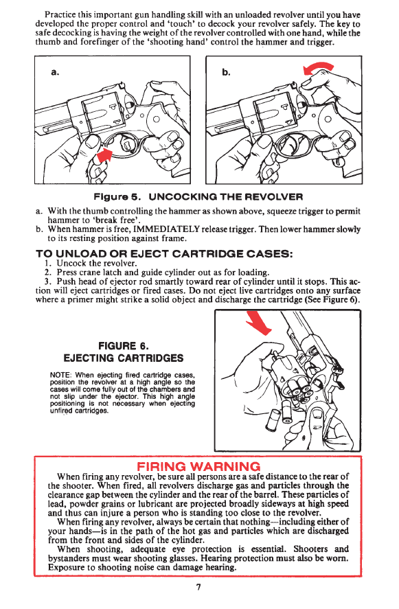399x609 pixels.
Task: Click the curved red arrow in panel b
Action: [317, 67]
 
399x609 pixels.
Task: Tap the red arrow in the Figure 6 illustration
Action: [258, 323]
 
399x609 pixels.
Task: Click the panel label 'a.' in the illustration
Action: [55, 72]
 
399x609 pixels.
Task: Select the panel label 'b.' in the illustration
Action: [227, 72]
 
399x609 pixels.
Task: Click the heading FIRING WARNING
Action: [198, 466]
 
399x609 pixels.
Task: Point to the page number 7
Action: [198, 587]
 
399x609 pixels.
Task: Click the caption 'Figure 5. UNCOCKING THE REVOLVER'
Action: [198, 196]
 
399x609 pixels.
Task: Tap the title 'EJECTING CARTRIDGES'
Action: [124, 358]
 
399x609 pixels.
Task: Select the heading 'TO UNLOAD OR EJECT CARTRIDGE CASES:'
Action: [164, 254]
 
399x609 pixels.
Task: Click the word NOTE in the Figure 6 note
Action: [60, 376]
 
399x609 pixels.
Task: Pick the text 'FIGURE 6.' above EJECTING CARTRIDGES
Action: [124, 345]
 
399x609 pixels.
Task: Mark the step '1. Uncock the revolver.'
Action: [91, 264]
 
